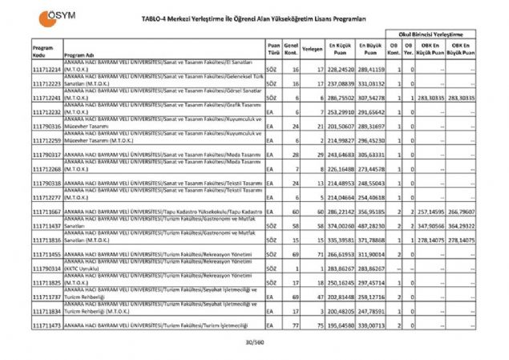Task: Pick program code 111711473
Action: [x=47, y=326]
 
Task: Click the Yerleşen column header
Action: [x=313, y=48]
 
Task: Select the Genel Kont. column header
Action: [x=290, y=48]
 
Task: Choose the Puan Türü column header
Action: [x=273, y=48]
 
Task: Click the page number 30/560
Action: [x=254, y=342]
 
